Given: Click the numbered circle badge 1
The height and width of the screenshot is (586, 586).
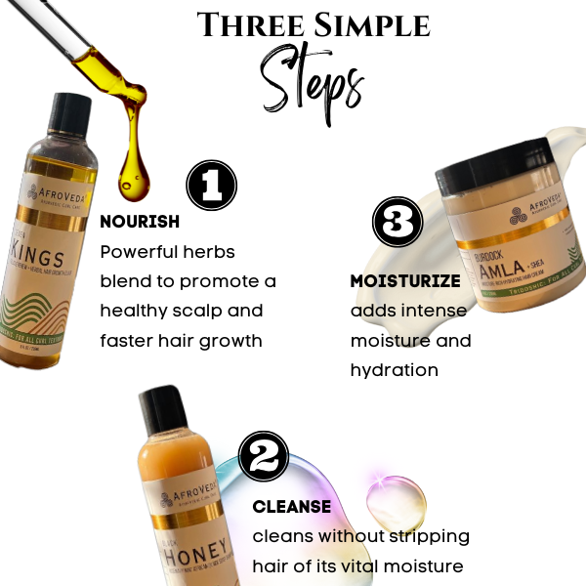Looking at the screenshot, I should [212, 186].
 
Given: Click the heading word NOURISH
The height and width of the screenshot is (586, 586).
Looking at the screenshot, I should [140, 222].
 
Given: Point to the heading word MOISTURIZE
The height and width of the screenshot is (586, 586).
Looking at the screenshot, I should [404, 281].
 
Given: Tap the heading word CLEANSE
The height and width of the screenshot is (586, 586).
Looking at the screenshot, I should [291, 507].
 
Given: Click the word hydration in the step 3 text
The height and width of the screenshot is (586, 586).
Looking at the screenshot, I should [394, 371].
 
